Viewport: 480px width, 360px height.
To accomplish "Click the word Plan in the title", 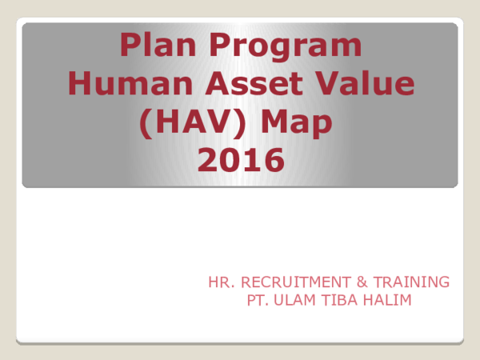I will point(154,46).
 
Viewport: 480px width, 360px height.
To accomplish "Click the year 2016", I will point(240,161).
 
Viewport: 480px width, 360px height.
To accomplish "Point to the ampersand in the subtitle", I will point(357,282).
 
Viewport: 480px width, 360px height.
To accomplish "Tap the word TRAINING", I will point(409,282).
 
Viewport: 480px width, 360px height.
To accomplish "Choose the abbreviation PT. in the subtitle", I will point(258,300).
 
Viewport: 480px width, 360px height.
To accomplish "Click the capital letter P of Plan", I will point(129,46).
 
